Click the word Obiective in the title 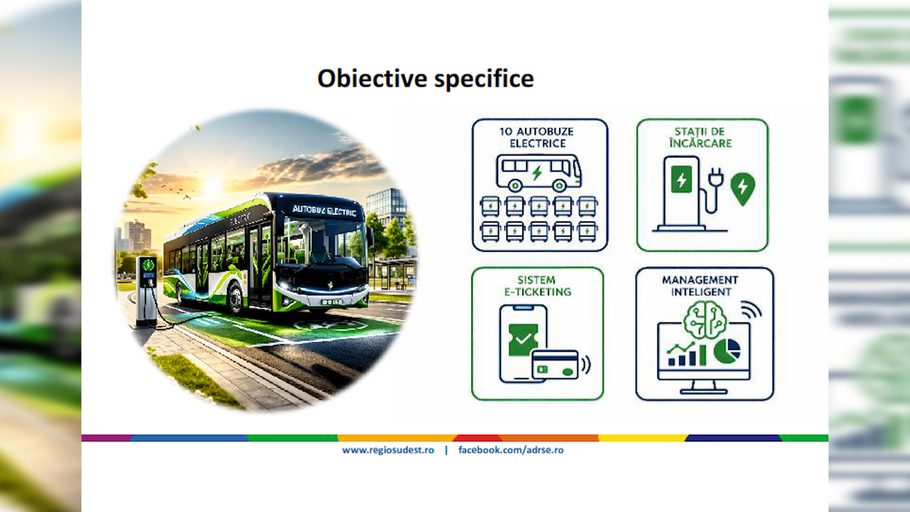tap(373, 78)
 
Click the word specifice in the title tap(484, 79)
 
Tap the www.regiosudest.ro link tap(388, 450)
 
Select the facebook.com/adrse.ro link tap(511, 450)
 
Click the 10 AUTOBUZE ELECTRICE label tap(537, 137)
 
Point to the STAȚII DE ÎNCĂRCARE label tap(701, 137)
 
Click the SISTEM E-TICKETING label tap(537, 286)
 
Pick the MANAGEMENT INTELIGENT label tap(701, 286)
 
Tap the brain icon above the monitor tap(706, 320)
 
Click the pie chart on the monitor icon tap(727, 351)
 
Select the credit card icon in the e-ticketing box tap(555, 365)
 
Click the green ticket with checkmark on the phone tap(523, 339)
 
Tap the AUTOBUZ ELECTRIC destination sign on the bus tap(324, 210)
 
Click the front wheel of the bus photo tap(235, 298)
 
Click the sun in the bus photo tap(212, 186)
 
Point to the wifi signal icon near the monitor tap(751, 310)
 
